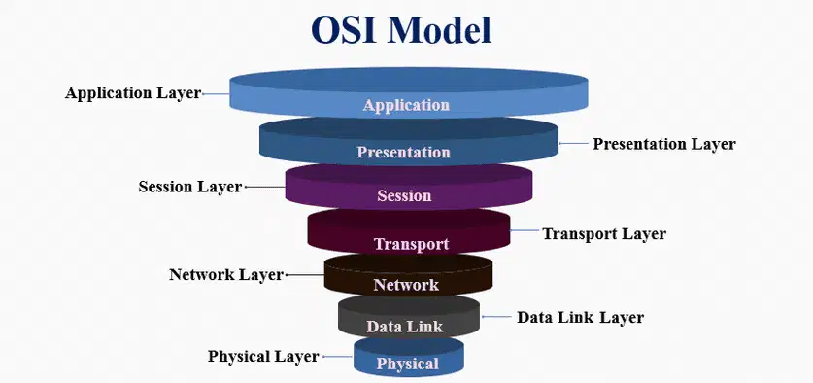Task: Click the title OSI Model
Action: pos(401,30)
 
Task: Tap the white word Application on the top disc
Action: pos(406,105)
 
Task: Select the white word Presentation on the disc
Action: pos(403,152)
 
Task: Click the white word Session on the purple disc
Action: pos(404,195)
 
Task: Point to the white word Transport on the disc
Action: pos(411,244)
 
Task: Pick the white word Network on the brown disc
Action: pos(406,285)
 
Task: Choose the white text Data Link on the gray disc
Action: pos(405,327)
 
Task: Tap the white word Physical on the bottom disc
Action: pos(408,364)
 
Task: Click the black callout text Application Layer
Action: pos(133,93)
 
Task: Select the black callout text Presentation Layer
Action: pos(664,144)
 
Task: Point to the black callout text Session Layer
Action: pos(189,187)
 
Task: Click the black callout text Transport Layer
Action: pos(604,234)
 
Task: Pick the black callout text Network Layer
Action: pos(226,274)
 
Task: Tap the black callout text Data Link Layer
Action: pos(580,317)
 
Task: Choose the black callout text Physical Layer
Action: pos(263,357)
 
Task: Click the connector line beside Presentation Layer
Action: pos(572,143)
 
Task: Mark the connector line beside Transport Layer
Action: pos(525,230)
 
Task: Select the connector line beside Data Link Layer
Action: pos(496,316)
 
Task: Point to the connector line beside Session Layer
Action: pos(265,187)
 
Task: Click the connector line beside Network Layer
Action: pos(305,274)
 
